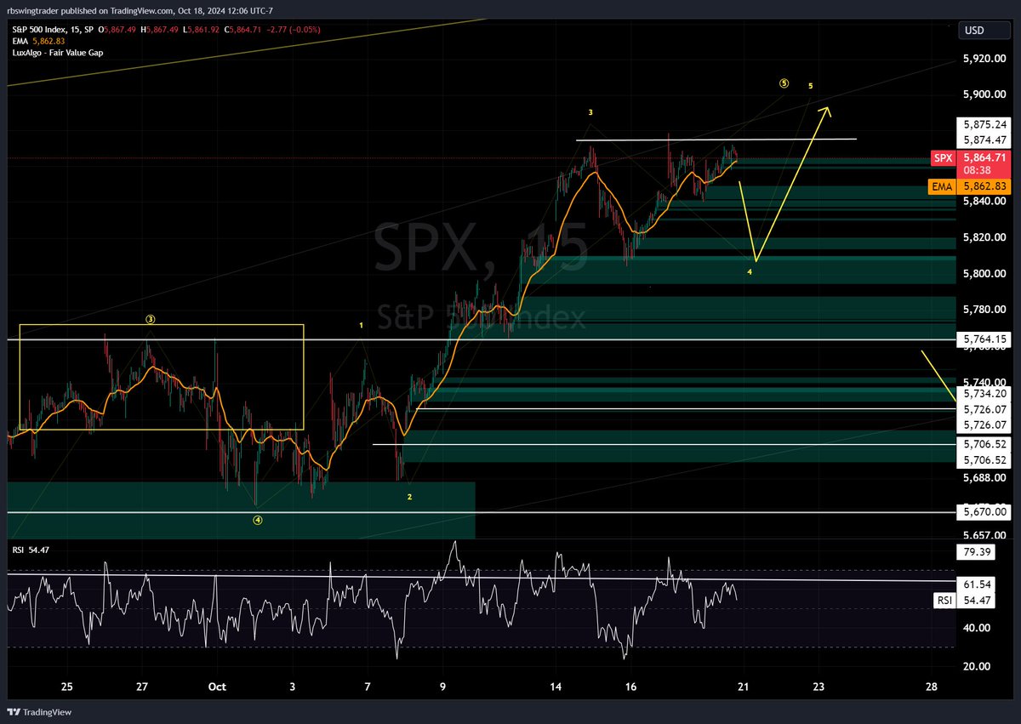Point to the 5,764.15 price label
click(983, 339)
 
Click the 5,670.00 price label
click(983, 511)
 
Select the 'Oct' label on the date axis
click(217, 687)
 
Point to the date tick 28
click(932, 687)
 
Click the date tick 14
click(556, 687)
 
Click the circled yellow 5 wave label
click(784, 83)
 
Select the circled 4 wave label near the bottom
click(258, 521)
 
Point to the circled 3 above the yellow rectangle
click(150, 320)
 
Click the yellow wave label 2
click(409, 497)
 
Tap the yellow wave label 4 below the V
click(750, 272)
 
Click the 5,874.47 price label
click(983, 140)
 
